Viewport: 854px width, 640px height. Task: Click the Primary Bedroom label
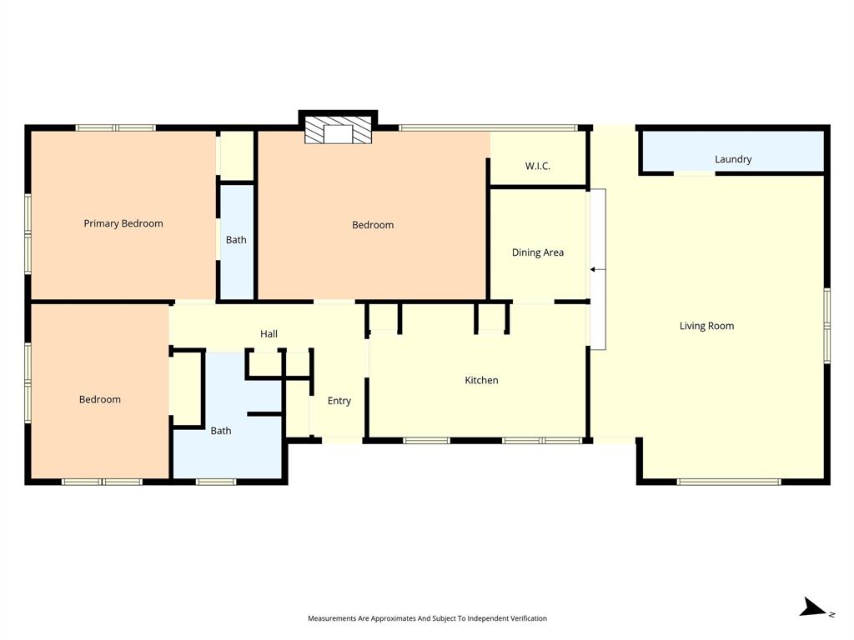[x=123, y=223]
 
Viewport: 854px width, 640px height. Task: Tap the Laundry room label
[x=733, y=159]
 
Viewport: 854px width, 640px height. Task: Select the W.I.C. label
[x=538, y=166]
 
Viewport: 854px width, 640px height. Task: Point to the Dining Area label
[x=538, y=252]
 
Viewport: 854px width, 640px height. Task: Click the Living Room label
[x=706, y=326]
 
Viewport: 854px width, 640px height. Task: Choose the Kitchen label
[x=481, y=380]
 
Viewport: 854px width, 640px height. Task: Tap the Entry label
[x=339, y=401]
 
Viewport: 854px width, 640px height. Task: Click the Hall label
[x=269, y=333]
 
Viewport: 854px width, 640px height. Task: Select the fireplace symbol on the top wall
[x=338, y=132]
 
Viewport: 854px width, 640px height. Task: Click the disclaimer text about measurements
[x=427, y=618]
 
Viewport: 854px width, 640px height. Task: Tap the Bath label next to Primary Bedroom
[x=236, y=240]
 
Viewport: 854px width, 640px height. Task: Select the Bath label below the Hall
[x=221, y=431]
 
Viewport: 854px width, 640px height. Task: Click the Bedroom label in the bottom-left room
[x=100, y=399]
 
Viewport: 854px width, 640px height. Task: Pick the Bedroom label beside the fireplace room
[x=373, y=225]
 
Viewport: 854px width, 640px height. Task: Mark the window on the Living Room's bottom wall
[x=728, y=482]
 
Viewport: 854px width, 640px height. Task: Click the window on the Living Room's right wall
[x=827, y=326]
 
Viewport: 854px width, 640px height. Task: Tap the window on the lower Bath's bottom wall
[x=216, y=482]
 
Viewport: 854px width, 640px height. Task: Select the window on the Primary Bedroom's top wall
[x=116, y=127]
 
